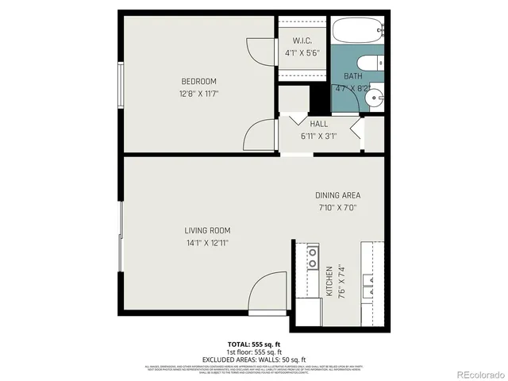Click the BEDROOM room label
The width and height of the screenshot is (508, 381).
(x=198, y=81)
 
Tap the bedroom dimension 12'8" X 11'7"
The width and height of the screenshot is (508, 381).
(x=198, y=94)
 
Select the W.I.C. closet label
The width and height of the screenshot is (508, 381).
(x=302, y=41)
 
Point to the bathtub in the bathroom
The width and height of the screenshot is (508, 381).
(x=357, y=32)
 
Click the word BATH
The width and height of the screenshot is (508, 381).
(x=352, y=76)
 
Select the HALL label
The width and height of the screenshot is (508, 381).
(x=318, y=124)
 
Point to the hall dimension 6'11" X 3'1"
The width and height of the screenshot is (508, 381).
(x=318, y=136)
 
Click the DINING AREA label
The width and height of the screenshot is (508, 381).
(x=338, y=195)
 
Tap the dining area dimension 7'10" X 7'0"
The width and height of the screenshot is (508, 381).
(x=338, y=208)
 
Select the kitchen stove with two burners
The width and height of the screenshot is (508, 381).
(x=313, y=256)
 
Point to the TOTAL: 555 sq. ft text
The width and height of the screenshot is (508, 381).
(x=253, y=344)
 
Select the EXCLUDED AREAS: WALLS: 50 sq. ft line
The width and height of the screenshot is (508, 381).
(x=253, y=359)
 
